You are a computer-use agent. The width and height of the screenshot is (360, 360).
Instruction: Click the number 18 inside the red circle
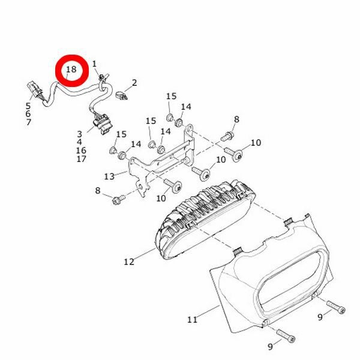click(x=71, y=69)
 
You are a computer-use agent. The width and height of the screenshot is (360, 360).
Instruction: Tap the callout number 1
click(x=94, y=64)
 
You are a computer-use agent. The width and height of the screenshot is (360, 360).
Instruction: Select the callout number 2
click(x=134, y=83)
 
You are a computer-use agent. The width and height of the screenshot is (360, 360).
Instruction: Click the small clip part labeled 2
click(x=121, y=95)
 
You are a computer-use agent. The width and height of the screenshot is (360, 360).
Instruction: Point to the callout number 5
click(x=28, y=106)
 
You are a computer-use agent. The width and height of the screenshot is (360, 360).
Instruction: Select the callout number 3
click(x=79, y=134)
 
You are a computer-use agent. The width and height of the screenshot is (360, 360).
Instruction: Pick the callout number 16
click(x=81, y=151)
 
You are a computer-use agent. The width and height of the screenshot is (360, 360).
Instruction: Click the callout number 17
click(x=81, y=158)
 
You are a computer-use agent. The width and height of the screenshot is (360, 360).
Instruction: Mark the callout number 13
click(x=109, y=176)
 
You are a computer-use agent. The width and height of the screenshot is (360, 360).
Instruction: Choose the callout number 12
click(x=129, y=262)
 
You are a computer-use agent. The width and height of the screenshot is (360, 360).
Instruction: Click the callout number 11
click(x=193, y=320)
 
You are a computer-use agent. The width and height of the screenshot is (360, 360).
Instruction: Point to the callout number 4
click(x=79, y=142)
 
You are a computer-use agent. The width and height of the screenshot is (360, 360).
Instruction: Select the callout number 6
click(x=28, y=113)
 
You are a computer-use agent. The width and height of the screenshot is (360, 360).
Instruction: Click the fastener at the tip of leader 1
click(x=103, y=77)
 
